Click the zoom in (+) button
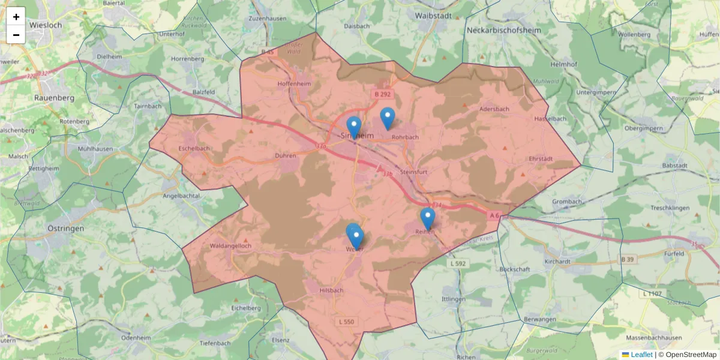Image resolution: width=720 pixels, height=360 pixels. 16,17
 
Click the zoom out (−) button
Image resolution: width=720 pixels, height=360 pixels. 16,35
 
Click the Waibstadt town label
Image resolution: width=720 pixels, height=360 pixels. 437,14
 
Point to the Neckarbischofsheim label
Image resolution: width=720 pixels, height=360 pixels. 504,29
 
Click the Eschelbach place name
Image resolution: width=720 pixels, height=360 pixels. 194,148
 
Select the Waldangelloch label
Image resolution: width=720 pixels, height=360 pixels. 230,246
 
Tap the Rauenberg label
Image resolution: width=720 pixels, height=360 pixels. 54,97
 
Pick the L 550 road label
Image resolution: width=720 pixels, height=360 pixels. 347,322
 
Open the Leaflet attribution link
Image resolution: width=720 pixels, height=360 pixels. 641,355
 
